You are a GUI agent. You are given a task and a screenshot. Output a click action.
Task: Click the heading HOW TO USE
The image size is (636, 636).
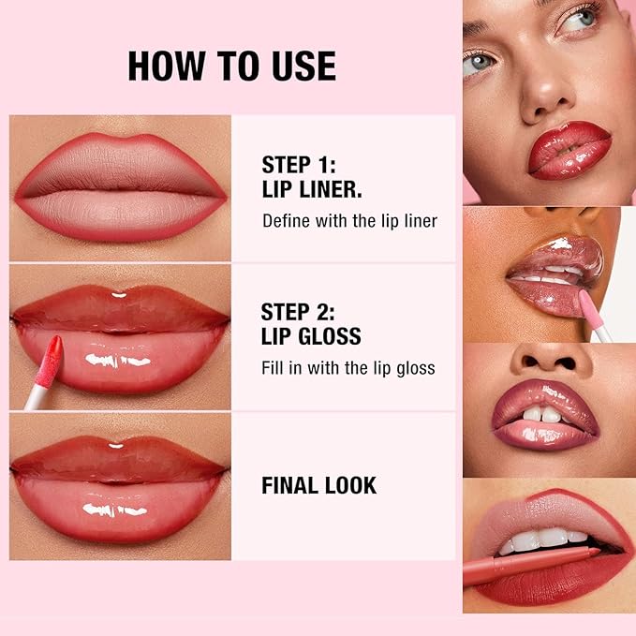tap(231, 67)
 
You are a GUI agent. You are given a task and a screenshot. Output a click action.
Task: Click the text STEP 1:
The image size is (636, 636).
tap(298, 165)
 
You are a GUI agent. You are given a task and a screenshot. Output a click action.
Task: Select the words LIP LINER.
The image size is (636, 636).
tap(312, 190)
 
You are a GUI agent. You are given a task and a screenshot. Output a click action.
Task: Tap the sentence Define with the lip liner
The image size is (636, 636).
tap(349, 222)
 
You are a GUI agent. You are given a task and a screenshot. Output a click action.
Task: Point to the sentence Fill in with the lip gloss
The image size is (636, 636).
tap(348, 368)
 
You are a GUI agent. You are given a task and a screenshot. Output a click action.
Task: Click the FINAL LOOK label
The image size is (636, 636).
tap(318, 485)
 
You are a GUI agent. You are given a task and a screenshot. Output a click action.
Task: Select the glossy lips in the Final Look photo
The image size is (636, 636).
tap(120, 485)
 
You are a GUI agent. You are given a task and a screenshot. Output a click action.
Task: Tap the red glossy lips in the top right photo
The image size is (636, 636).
tap(568, 149)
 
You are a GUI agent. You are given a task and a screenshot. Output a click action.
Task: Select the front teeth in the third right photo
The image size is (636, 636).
tap(542, 413)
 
